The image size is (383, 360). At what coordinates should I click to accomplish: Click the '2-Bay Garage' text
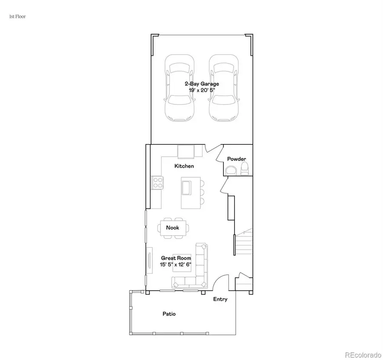tap(201, 84)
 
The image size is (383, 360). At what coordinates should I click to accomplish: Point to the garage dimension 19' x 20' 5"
tap(201, 90)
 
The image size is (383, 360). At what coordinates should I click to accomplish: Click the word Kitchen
tap(184, 166)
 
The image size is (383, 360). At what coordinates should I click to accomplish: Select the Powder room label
tap(236, 159)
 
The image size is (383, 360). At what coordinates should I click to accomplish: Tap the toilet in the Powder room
tap(244, 170)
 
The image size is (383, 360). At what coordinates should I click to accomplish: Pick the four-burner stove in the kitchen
tap(157, 183)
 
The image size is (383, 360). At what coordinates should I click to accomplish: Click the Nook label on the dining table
tap(172, 228)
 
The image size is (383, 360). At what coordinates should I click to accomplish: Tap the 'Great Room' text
tap(175, 258)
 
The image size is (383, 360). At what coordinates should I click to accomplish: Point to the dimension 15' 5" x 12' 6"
tap(175, 264)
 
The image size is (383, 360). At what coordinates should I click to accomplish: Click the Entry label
tap(220, 299)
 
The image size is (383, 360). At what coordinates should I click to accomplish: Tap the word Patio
tap(169, 314)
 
